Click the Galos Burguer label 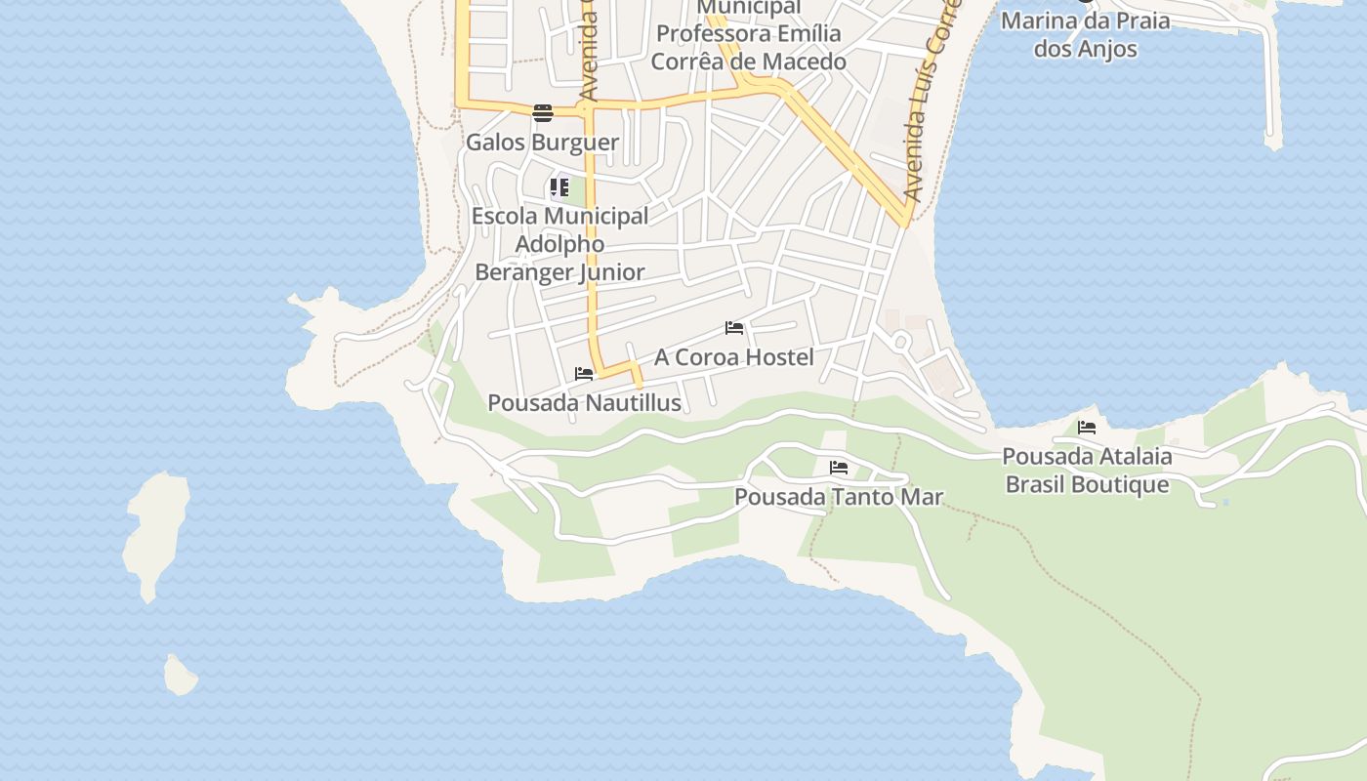[x=542, y=143]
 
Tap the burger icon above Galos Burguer [x=543, y=113]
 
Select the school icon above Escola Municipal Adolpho [x=559, y=186]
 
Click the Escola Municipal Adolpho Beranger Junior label [x=559, y=244]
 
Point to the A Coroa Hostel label [x=733, y=357]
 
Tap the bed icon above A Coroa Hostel [x=734, y=328]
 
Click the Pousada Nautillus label [x=584, y=402]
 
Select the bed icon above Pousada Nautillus [x=584, y=374]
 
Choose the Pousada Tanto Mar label [x=839, y=497]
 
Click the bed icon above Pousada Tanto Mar [x=839, y=469]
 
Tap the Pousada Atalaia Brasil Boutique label [x=1087, y=471]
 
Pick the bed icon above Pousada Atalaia [x=1087, y=428]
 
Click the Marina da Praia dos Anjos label [x=1085, y=34]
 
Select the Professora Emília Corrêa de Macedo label [x=748, y=47]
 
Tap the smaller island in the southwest [x=180, y=676]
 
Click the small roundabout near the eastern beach [x=900, y=342]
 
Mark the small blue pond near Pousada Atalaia [x=1224, y=503]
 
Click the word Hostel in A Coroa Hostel [x=778, y=357]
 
